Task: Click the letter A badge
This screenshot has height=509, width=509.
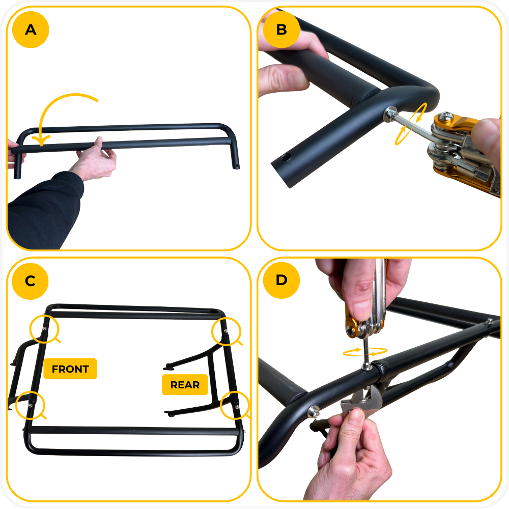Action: [x=31, y=30]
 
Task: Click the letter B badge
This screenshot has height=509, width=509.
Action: [x=281, y=30]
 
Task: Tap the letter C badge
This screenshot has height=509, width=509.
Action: [x=31, y=280]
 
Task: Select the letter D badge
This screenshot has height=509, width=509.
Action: [x=281, y=280]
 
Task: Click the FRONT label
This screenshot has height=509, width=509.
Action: [x=70, y=369]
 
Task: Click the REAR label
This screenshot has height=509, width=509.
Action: [x=185, y=385]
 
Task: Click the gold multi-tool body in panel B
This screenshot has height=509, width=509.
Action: [x=461, y=153]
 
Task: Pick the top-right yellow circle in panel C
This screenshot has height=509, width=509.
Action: [x=225, y=331]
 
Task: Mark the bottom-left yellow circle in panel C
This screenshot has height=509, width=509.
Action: [x=30, y=406]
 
